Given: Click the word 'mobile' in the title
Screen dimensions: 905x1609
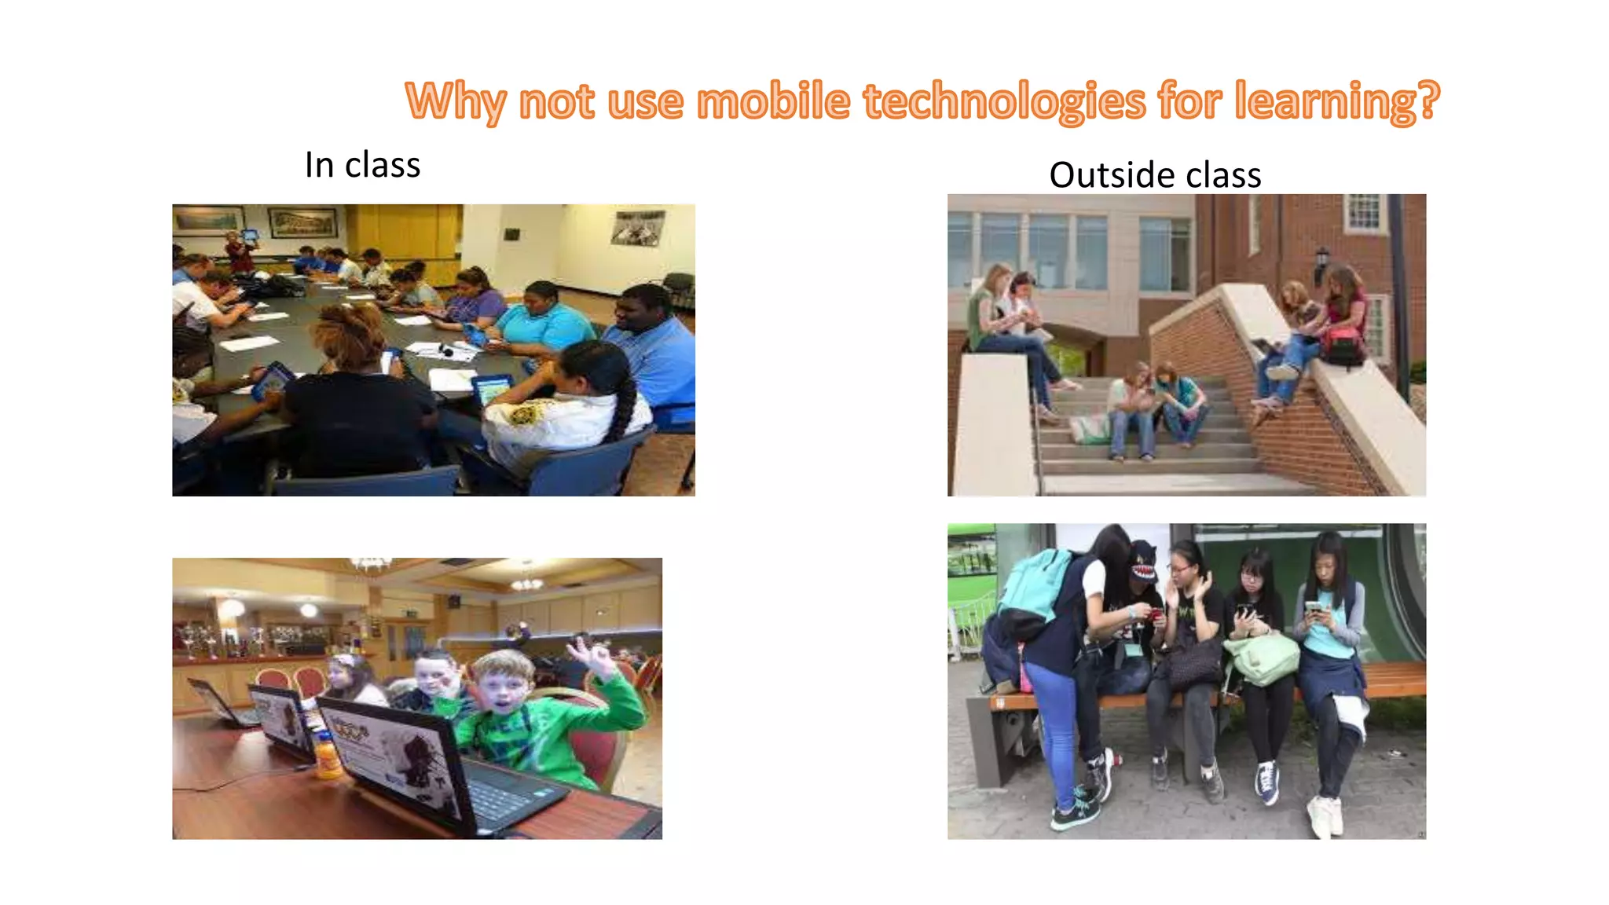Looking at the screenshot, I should (x=773, y=102).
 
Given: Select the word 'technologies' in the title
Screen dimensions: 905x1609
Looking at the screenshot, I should (x=1003, y=102).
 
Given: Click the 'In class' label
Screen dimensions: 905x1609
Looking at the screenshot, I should (x=362, y=165).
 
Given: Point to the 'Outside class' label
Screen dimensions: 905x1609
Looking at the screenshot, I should (x=1155, y=174).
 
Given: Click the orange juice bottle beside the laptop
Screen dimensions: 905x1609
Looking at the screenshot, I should (x=328, y=756).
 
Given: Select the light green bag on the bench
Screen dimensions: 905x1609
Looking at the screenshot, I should (x=1261, y=658).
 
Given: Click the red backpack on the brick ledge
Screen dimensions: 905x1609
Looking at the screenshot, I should (x=1344, y=346).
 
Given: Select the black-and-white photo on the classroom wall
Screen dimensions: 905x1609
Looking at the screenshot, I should (x=638, y=227).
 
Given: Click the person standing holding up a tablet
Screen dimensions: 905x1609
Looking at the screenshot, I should (x=238, y=251).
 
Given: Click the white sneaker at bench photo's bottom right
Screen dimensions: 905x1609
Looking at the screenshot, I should (x=1325, y=815).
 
